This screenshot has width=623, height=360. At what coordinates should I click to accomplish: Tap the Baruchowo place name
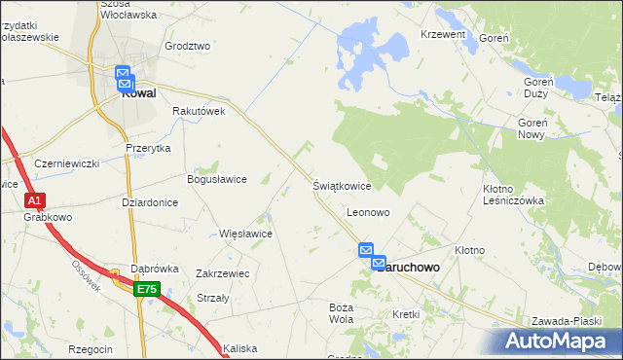click(x=409, y=266)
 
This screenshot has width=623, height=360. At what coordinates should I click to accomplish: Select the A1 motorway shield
click(x=35, y=200)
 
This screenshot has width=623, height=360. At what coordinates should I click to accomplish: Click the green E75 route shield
click(x=147, y=290)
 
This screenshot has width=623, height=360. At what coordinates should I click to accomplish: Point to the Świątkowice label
click(x=342, y=185)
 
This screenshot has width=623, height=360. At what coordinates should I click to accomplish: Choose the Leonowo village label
click(x=368, y=211)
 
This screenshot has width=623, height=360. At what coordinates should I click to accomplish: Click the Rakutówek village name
click(x=199, y=111)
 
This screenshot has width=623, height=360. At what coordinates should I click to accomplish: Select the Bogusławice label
click(x=216, y=179)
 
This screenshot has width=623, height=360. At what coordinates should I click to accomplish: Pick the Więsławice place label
click(x=245, y=234)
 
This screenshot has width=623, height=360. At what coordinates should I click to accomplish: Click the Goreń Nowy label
click(x=545, y=129)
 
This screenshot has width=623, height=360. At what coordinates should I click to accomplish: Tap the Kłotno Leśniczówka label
click(x=513, y=194)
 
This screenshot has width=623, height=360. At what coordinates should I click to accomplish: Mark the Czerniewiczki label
click(x=66, y=163)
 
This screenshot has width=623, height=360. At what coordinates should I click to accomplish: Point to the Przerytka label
click(x=148, y=148)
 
